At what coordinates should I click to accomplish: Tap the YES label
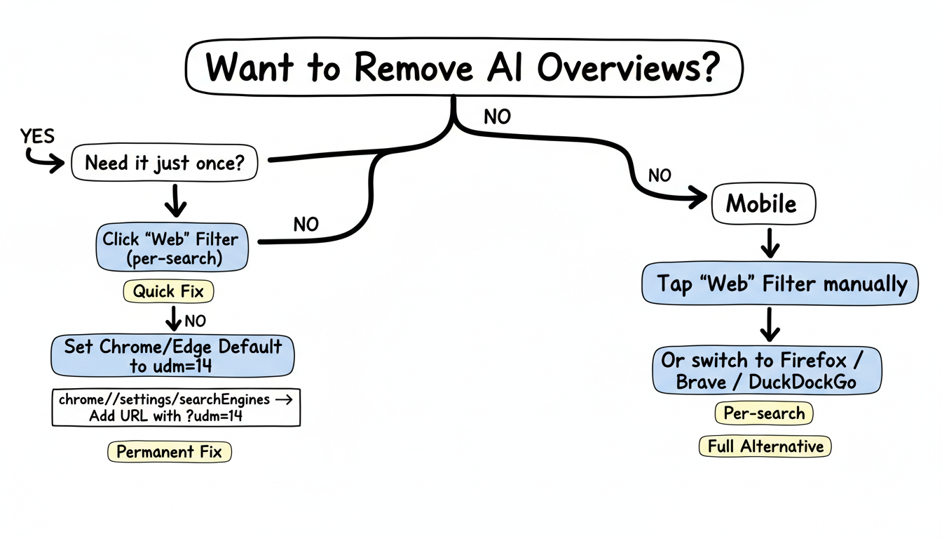coord(37,135)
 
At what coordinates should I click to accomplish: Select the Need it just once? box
coord(165,164)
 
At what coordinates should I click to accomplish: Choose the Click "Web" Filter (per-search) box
coord(171,248)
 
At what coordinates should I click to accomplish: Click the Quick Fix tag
coord(168,291)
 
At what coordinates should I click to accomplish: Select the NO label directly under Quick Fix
coord(195,321)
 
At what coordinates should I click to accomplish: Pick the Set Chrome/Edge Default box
coord(172,356)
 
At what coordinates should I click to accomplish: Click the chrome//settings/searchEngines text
coord(165,399)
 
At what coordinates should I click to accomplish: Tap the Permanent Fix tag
coord(169,452)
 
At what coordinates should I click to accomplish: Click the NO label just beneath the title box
coord(497,117)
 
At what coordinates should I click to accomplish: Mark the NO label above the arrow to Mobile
coord(659,175)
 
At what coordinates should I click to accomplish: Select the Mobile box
coord(762,204)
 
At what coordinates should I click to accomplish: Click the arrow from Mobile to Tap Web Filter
coord(770,242)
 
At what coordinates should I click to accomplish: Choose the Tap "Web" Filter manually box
coord(779,284)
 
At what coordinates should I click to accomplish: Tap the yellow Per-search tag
coord(764,413)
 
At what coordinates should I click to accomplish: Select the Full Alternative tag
coord(765,446)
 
